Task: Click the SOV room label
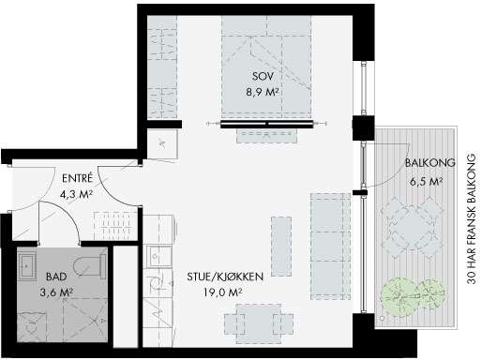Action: (263, 77)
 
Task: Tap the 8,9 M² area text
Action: (263, 93)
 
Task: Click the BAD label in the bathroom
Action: (55, 277)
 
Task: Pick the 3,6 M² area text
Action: (57, 292)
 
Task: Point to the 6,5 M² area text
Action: (426, 180)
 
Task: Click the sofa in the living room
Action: (330, 233)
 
